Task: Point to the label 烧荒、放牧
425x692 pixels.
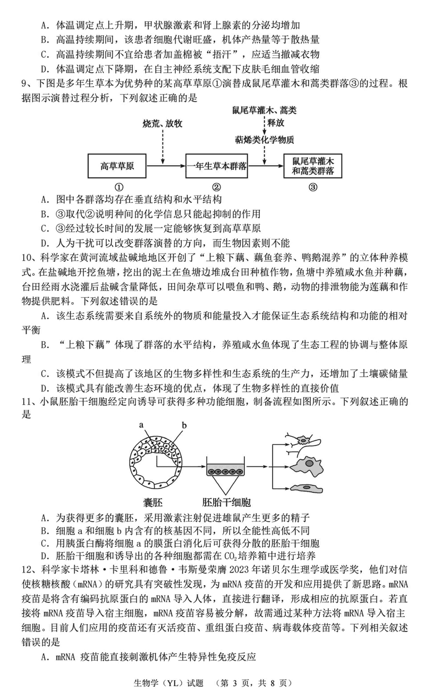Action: click(x=163, y=124)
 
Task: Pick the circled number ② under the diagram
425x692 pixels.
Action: click(x=216, y=187)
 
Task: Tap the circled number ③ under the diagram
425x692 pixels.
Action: click(x=313, y=187)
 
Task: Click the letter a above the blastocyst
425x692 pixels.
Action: click(x=141, y=425)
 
